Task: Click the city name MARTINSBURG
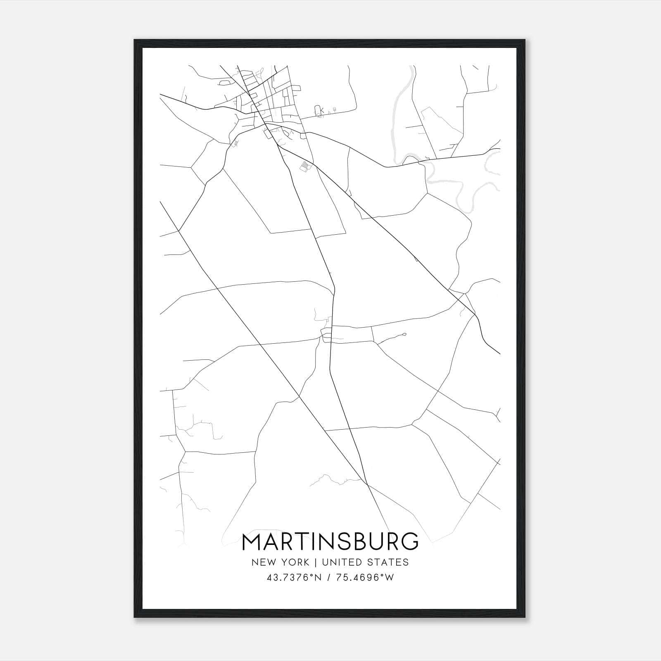pos(330,542)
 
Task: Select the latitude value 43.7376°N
pos(294,578)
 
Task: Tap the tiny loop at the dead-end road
pos(404,334)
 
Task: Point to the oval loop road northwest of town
pos(225,83)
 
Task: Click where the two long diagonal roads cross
pos(366,483)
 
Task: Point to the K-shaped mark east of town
pos(322,111)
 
